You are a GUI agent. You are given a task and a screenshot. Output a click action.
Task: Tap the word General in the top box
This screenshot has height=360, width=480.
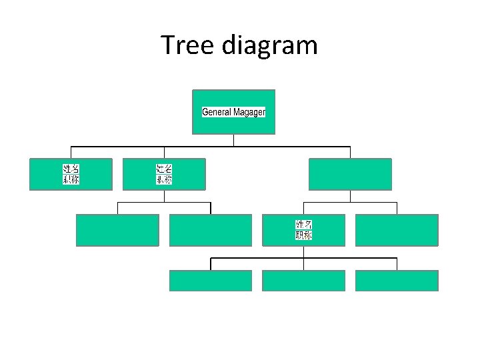(217, 112)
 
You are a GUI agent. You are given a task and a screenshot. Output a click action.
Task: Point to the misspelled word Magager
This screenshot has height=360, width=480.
(249, 112)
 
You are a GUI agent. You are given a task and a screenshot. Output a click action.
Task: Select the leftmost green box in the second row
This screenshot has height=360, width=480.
(71, 174)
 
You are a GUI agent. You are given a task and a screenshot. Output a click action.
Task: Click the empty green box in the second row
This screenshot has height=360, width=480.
(350, 174)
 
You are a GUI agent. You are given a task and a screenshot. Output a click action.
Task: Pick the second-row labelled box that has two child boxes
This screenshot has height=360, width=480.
(164, 174)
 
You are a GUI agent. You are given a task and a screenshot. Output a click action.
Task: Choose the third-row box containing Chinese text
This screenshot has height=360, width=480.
(303, 230)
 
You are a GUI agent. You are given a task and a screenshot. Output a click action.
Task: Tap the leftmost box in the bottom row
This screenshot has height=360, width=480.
(211, 281)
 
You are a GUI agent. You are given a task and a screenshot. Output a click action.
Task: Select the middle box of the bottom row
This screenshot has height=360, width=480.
(303, 281)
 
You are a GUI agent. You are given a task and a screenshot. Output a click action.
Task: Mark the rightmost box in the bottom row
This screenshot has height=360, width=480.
(397, 281)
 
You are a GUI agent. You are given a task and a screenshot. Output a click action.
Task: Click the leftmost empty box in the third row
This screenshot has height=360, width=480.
(117, 230)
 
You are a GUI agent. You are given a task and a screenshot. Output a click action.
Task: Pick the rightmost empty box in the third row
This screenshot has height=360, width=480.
(397, 230)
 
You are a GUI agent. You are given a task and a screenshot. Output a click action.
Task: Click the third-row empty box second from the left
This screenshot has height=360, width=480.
(211, 230)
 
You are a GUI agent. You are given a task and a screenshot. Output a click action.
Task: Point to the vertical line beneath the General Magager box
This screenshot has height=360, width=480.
(234, 140)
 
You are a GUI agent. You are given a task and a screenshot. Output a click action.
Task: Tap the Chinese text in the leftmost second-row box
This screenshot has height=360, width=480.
(71, 174)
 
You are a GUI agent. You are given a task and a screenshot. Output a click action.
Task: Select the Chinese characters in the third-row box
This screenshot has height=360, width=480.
(303, 230)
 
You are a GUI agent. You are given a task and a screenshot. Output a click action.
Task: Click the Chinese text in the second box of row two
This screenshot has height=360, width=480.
(164, 174)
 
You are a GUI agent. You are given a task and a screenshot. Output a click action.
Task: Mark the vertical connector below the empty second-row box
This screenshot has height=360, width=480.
(350, 196)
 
